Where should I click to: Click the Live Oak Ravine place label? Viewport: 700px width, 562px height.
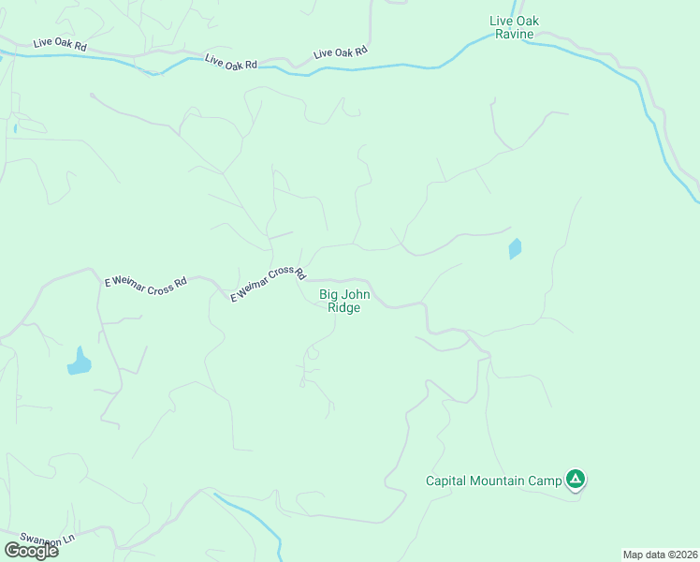coord(515,27)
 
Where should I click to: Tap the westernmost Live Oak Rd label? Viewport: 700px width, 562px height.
coord(59,43)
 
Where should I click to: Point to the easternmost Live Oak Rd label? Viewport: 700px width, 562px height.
coord(341,52)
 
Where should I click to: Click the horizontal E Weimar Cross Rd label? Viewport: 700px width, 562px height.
coord(146,283)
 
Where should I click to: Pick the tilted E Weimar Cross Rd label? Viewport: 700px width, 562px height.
coord(269,284)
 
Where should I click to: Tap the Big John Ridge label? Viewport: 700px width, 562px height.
coord(344,301)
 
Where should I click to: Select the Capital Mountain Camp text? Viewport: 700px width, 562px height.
coord(493,481)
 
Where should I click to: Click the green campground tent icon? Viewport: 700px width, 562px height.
coord(576,481)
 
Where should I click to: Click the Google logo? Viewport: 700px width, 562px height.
coord(32,550)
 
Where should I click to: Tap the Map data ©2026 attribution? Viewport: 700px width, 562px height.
coord(660,555)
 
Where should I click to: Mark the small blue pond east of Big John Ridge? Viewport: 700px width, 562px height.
coord(514,249)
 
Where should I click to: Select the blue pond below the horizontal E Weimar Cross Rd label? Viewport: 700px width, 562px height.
coord(80,362)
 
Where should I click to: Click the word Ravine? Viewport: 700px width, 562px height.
coord(515,35)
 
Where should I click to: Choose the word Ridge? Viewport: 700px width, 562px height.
coord(344,307)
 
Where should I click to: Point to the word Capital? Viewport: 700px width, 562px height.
coord(446,481)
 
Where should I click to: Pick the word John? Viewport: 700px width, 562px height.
coord(358,294)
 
